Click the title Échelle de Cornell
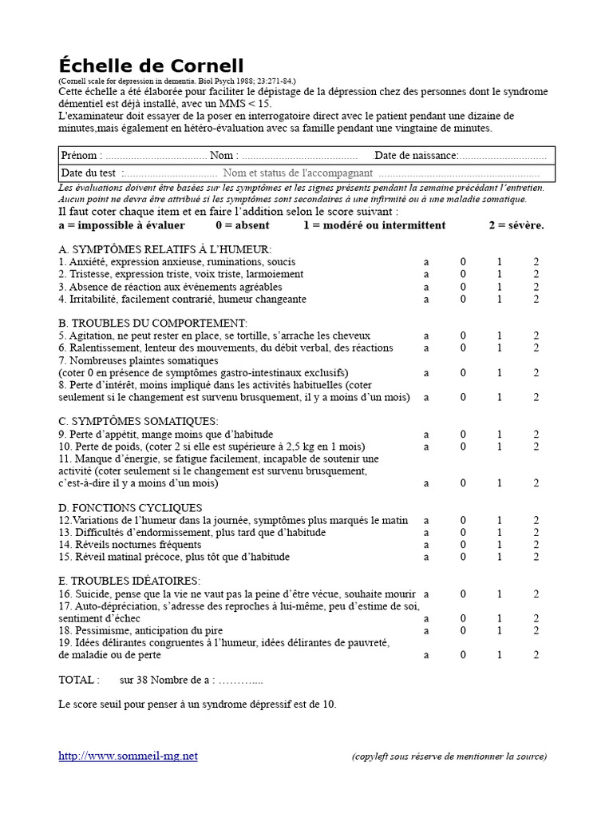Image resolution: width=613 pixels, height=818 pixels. tap(151, 66)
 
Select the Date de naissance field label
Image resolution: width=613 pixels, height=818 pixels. tap(416, 155)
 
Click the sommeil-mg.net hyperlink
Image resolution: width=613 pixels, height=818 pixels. tap(128, 756)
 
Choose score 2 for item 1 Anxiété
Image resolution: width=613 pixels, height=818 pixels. tap(536, 262)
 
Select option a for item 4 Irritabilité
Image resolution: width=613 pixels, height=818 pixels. tap(426, 300)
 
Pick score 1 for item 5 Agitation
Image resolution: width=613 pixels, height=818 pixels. tap(500, 336)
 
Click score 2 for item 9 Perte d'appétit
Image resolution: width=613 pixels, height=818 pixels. tap(536, 434)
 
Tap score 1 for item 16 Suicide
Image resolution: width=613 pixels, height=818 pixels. tap(500, 594)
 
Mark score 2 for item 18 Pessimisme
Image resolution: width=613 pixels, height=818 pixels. tap(536, 630)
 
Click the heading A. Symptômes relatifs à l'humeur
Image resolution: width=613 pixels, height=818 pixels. tap(165, 249)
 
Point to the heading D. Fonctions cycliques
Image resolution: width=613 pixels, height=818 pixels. tap(131, 508)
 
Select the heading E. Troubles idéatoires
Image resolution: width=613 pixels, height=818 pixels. tap(130, 581)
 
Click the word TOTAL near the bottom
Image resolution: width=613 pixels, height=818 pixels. tap(80, 680)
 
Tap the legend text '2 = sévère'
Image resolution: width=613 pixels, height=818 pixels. tap(516, 225)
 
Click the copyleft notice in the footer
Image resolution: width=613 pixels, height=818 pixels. tap(449, 756)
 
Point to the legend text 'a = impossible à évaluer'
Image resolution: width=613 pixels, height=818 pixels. tap(122, 225)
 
